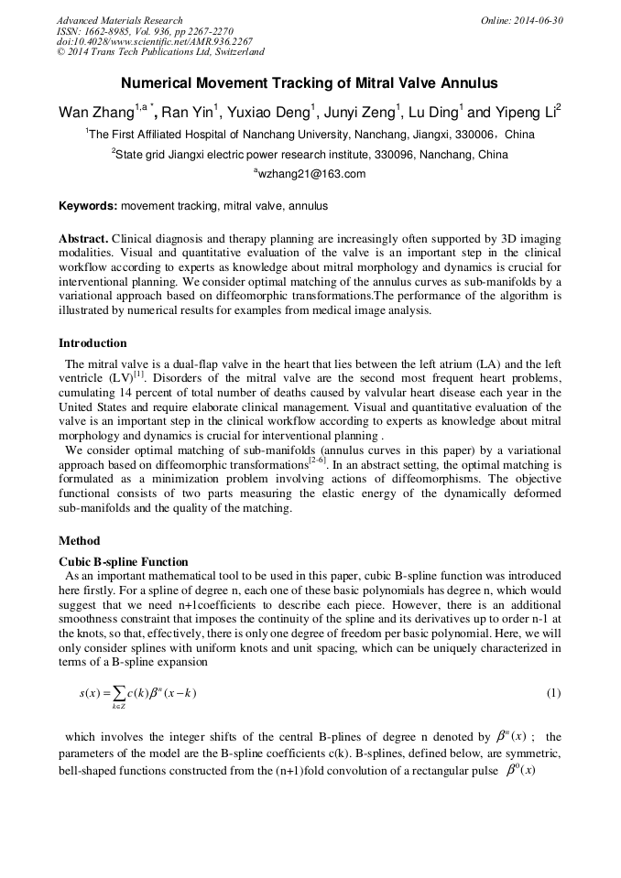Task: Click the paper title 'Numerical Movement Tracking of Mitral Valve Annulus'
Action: (310, 83)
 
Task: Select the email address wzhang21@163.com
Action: (311, 174)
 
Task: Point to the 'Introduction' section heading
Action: (93, 343)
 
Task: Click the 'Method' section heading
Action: (79, 541)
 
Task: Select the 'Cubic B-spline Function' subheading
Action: (124, 561)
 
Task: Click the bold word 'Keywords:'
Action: (88, 207)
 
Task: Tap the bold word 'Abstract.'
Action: (84, 238)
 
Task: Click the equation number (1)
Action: (553, 693)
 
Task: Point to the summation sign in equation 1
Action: (118, 693)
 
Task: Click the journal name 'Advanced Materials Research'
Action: (119, 20)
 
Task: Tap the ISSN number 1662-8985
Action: (109, 30)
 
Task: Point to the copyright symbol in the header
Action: (61, 52)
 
